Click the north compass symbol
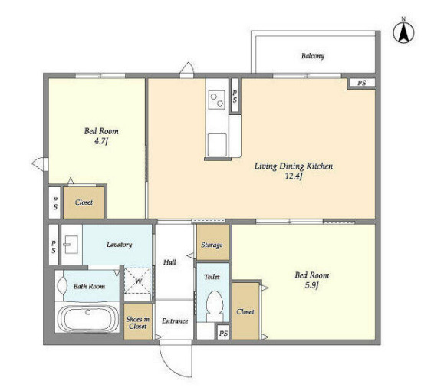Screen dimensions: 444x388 point(403,32)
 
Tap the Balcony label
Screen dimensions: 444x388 point(313,56)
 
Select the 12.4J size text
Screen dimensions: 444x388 point(294,176)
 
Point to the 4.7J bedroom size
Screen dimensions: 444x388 point(101,141)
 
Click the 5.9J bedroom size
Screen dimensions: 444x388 point(312,285)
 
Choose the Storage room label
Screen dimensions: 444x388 point(212,245)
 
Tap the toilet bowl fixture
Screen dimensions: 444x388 point(215,307)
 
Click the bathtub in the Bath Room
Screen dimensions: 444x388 point(87,317)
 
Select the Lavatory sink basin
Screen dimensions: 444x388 point(71,245)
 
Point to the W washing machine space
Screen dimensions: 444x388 point(138,281)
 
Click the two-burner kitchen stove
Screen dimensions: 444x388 point(216,100)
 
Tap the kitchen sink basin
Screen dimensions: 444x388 point(217,145)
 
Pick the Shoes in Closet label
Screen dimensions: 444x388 point(138,323)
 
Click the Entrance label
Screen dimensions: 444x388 point(175,321)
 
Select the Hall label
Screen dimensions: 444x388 point(169,262)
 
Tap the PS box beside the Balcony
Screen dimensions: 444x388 point(361,83)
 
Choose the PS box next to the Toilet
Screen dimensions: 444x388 point(223,334)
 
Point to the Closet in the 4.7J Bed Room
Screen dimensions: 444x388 point(84,202)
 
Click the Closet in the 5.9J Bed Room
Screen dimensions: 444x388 point(245,311)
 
